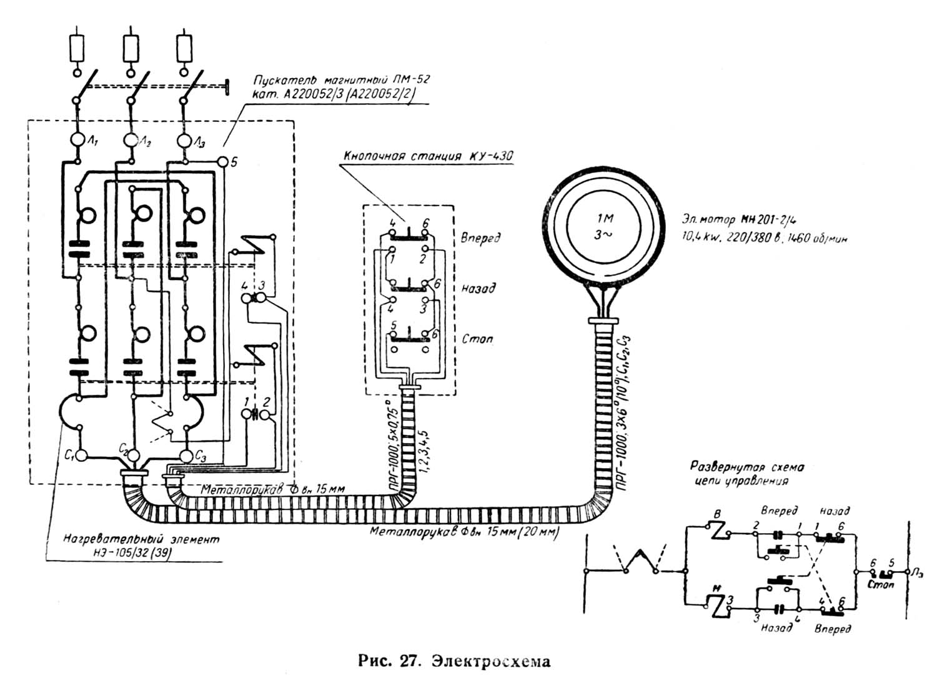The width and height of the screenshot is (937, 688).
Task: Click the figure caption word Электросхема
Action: (491, 661)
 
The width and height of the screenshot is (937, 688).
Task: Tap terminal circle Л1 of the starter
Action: (77, 139)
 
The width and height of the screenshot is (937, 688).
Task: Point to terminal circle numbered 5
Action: (223, 162)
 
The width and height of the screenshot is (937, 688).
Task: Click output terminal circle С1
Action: (81, 454)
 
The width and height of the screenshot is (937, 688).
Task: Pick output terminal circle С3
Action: (186, 454)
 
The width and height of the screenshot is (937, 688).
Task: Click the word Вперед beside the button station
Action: (480, 239)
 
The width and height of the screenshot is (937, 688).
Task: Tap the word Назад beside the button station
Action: (478, 288)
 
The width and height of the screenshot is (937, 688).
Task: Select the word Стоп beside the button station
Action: (477, 339)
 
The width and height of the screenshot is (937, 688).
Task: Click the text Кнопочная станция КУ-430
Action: (427, 156)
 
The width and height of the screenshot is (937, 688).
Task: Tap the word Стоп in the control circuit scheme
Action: (881, 586)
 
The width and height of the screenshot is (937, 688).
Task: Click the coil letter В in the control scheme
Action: (717, 515)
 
